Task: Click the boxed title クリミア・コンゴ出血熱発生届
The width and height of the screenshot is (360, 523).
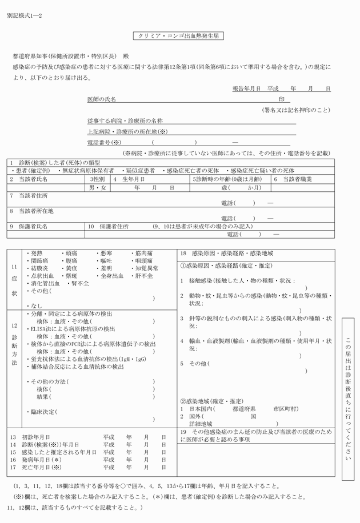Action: pyautogui.click(x=179, y=35)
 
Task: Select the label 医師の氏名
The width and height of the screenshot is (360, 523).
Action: pyautogui.click(x=101, y=99)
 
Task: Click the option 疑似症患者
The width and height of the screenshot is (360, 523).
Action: pyautogui.click(x=141, y=171)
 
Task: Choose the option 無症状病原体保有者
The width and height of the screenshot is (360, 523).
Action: pyautogui.click(x=88, y=171)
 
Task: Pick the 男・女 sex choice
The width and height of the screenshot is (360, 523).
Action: pyautogui.click(x=98, y=187)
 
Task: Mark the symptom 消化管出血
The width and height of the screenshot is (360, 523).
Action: pyautogui.click(x=45, y=283)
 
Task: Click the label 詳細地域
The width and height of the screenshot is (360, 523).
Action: pyautogui.click(x=201, y=424)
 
